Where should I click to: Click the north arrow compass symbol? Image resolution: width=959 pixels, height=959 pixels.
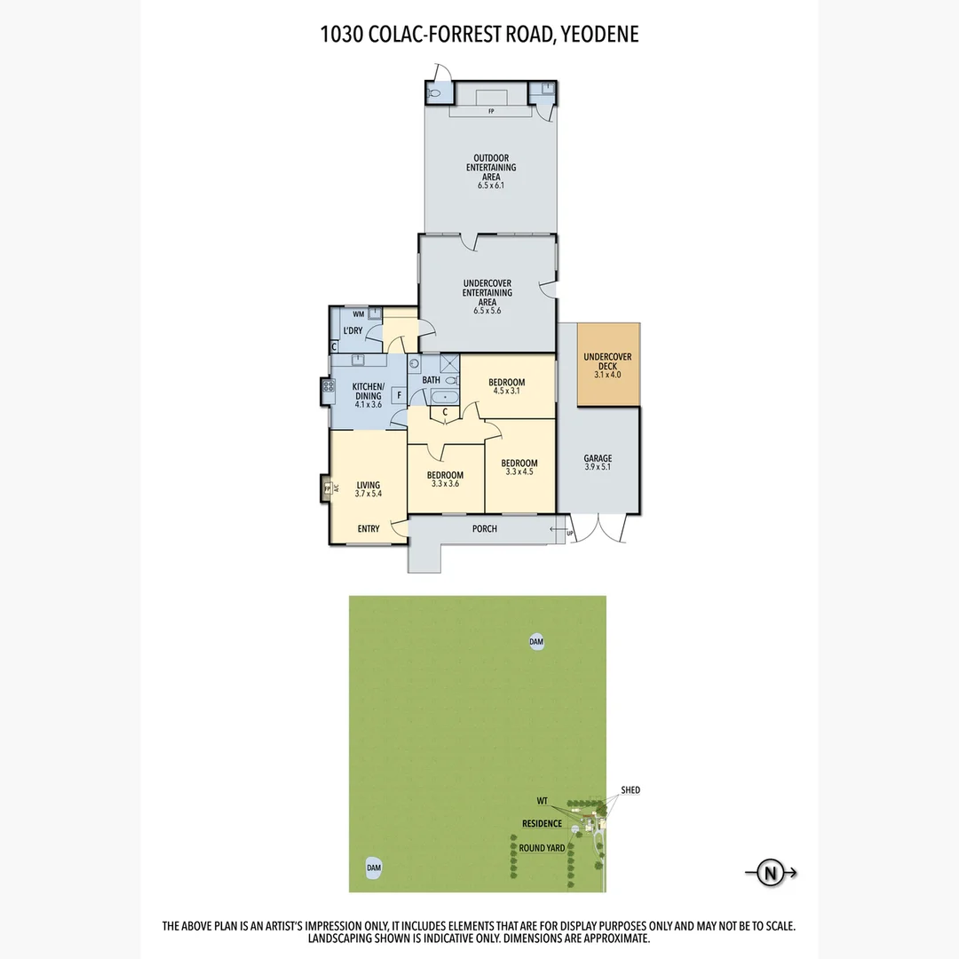tap(770, 872)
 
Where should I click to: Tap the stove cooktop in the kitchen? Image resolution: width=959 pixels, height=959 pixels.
tap(327, 386)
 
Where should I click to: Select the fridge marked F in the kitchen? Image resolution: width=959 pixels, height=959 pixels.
tap(399, 394)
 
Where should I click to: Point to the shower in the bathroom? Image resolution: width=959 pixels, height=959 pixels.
tap(450, 364)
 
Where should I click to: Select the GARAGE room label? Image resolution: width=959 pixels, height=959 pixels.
tap(598, 463)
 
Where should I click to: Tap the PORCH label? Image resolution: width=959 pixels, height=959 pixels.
tap(485, 529)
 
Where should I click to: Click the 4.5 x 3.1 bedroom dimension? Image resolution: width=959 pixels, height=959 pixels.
tap(506, 391)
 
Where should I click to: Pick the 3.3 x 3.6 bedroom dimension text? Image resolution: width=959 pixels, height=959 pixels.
tap(445, 484)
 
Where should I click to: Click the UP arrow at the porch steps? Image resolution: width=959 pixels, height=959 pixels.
tap(569, 534)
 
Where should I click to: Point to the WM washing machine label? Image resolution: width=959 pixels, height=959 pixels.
tap(358, 314)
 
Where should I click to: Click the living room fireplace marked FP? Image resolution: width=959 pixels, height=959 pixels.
tap(327, 488)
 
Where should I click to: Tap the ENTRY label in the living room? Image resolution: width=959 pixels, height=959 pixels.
tap(369, 529)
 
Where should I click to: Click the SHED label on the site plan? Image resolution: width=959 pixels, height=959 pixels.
tap(630, 790)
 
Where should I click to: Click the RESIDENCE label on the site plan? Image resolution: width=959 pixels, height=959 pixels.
tap(542, 824)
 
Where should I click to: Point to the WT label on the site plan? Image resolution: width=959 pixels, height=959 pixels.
tap(543, 800)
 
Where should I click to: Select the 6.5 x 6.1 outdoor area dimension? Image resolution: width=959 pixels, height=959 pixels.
tap(491, 186)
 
